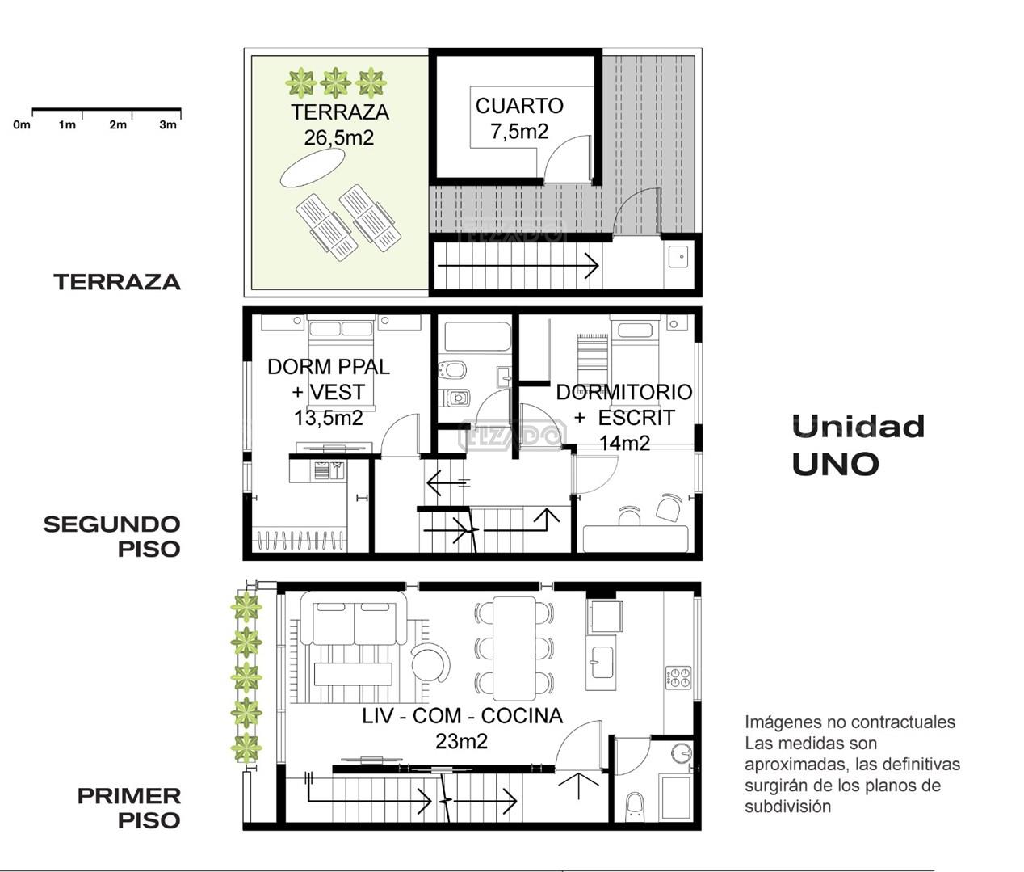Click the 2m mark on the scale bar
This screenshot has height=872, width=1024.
[x=118, y=124]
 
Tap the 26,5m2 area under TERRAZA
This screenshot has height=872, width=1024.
[x=339, y=137]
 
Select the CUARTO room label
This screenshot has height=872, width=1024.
[x=519, y=106]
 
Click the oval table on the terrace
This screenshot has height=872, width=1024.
[x=312, y=167]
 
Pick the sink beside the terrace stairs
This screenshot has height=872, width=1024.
[x=678, y=257]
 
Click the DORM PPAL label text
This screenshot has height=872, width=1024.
[x=329, y=367]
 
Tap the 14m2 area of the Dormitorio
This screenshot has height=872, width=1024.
[x=624, y=443]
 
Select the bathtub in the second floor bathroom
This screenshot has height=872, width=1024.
[x=477, y=337]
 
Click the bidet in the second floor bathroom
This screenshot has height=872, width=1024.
[x=452, y=370]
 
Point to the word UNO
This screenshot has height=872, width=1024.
[x=835, y=464]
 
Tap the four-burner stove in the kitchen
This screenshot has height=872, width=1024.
[x=678, y=677]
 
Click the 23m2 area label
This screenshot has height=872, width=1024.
[x=462, y=741]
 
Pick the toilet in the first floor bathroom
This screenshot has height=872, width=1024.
[x=635, y=807]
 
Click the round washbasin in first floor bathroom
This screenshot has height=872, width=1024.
[x=682, y=753]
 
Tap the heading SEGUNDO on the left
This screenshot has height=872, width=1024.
[x=111, y=524]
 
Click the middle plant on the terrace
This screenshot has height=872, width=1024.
[x=335, y=82]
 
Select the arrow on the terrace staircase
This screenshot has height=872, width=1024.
[x=518, y=266]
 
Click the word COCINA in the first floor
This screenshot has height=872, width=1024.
[x=522, y=716]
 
